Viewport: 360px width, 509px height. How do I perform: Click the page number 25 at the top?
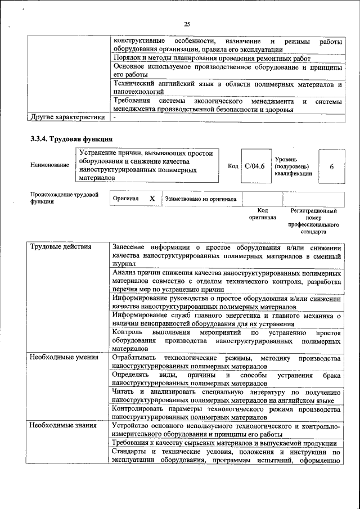[x=187, y=24]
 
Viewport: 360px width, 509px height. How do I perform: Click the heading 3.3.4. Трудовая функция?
[x=71, y=139]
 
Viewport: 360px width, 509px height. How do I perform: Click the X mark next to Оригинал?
[x=152, y=199]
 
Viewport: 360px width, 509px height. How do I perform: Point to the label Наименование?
[x=51, y=165]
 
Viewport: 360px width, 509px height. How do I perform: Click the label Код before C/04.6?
[x=233, y=166]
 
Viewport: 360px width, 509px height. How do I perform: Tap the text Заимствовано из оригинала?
[x=200, y=199]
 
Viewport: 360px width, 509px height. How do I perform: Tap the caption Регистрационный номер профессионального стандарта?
[x=313, y=221]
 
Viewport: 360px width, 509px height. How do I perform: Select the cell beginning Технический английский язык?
[x=227, y=87]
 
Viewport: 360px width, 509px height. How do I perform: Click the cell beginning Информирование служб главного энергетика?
[x=227, y=319]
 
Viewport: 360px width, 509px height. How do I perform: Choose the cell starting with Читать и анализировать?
[x=227, y=396]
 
